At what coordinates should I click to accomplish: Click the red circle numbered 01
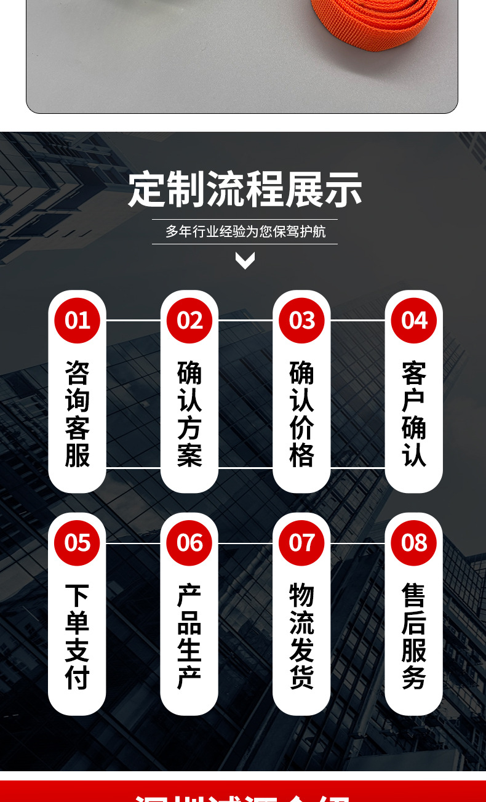[77, 321]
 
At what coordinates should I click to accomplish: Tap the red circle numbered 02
[189, 321]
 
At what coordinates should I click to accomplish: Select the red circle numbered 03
[301, 321]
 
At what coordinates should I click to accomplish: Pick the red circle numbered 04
[414, 321]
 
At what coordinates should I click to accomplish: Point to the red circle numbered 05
[77, 543]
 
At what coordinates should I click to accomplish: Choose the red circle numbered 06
[189, 543]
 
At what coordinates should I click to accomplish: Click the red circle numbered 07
[301, 543]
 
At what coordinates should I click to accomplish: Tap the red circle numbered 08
[414, 543]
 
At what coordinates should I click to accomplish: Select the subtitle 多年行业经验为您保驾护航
[245, 232]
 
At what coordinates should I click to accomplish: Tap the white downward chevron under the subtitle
[245, 260]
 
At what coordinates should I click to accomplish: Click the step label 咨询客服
[77, 414]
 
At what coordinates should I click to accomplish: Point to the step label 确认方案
[189, 414]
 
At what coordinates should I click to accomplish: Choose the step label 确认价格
[301, 414]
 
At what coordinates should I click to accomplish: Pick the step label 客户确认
[414, 414]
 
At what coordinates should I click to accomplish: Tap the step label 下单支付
[77, 636]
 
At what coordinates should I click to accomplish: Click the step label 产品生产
[189, 636]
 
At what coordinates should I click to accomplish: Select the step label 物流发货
[301, 636]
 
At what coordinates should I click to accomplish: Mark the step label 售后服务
[414, 636]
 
